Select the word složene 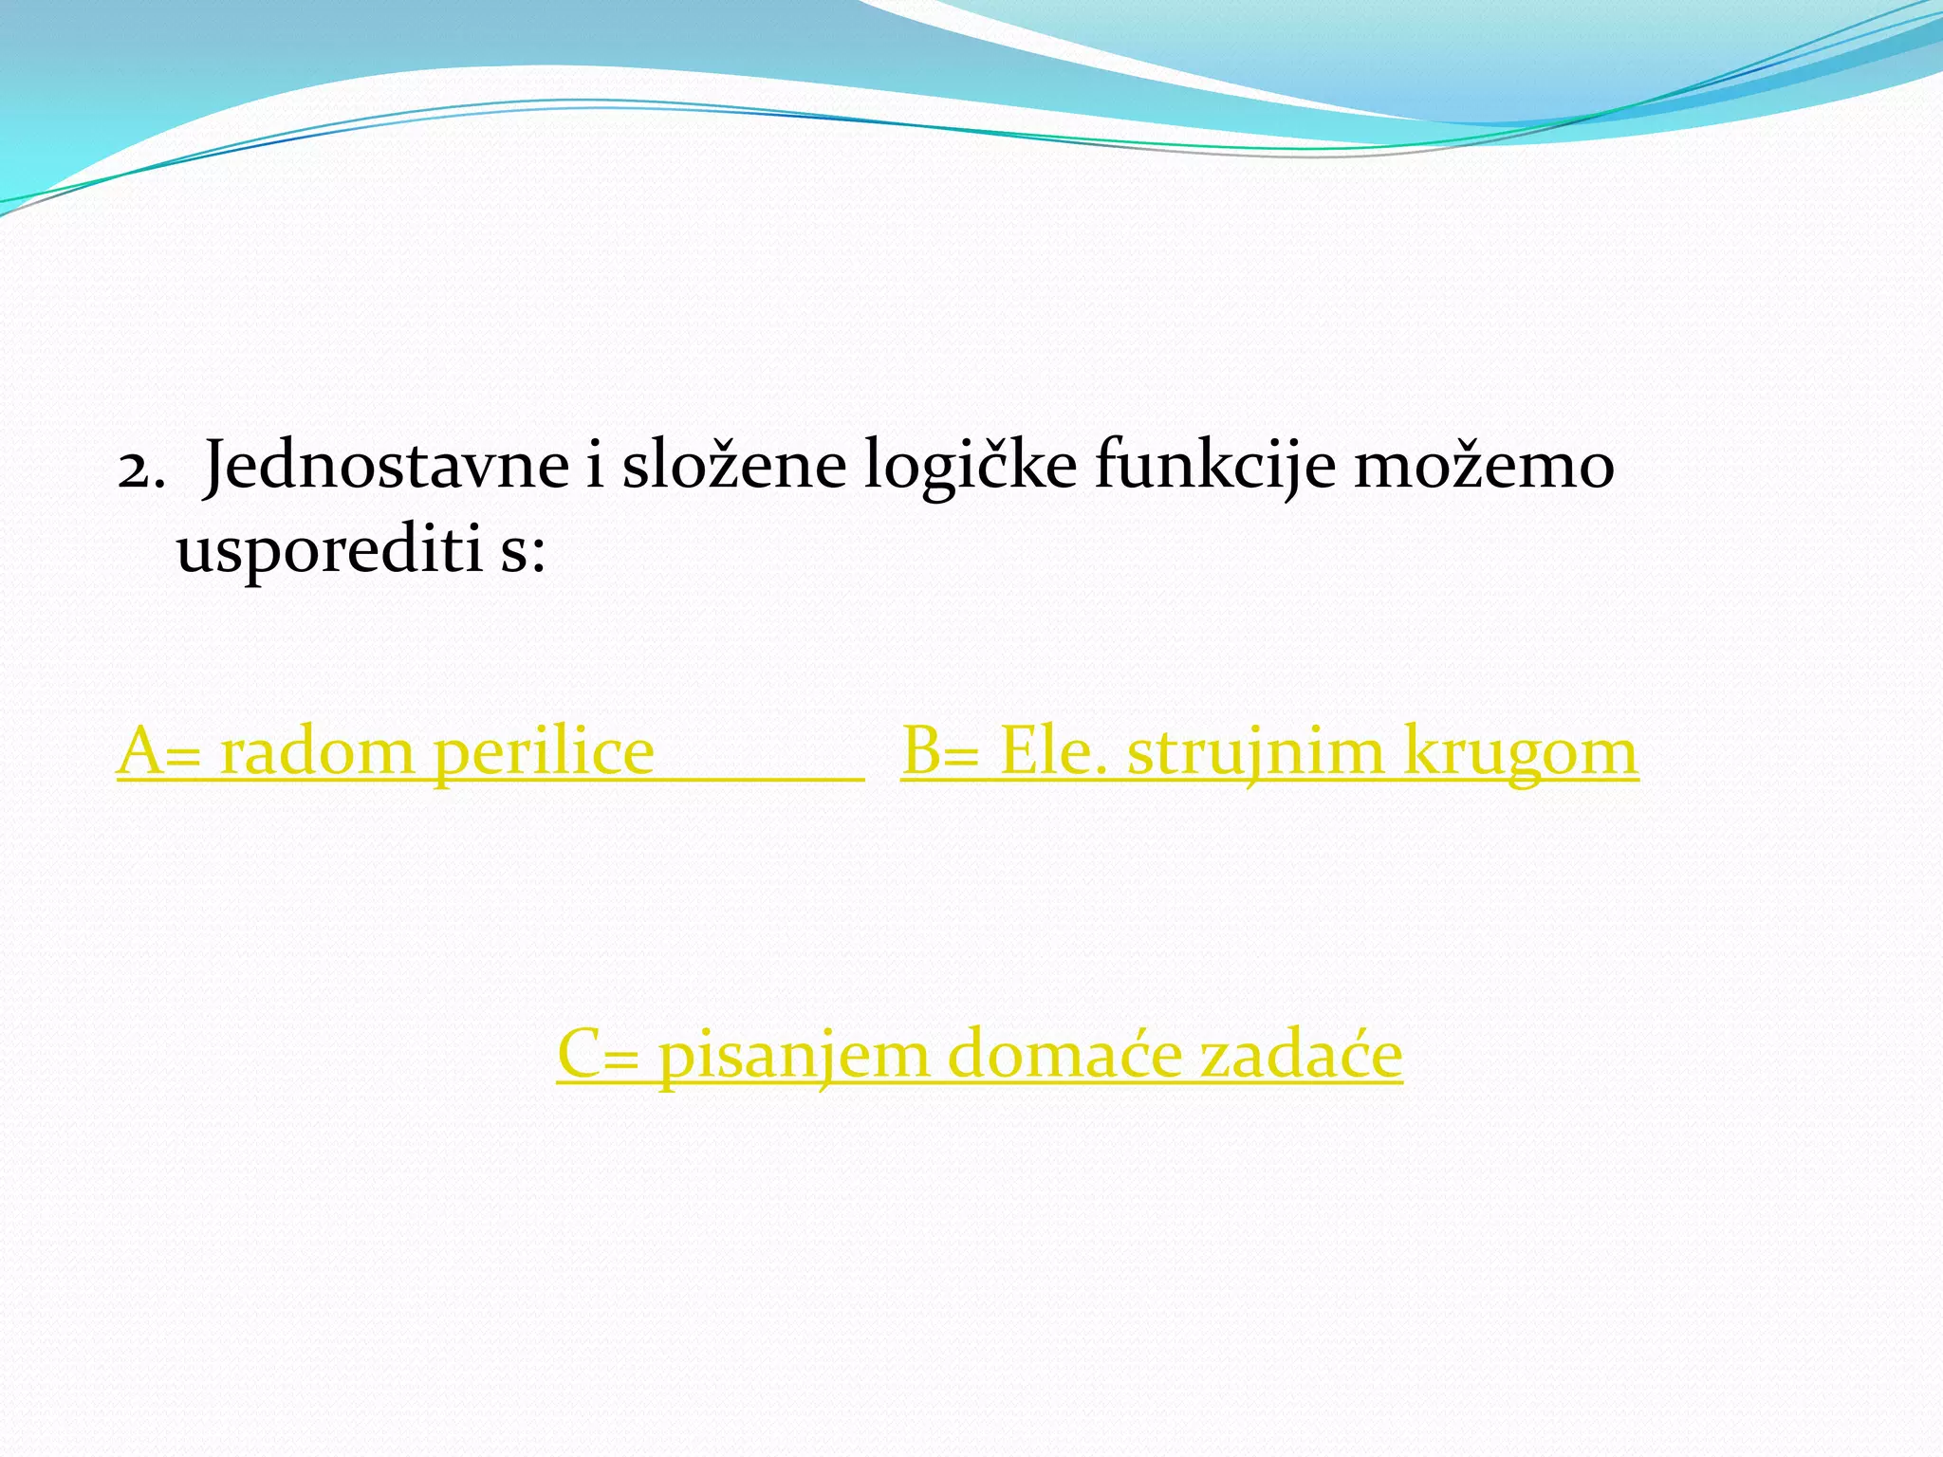(733, 467)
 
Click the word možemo (1484, 467)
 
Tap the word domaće (1064, 1055)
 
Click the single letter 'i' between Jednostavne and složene (595, 467)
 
